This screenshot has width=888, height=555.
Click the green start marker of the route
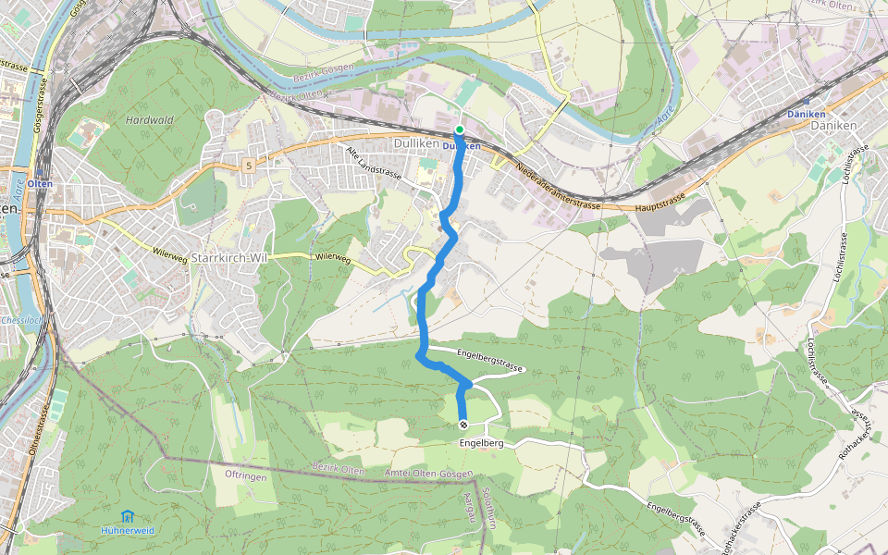(460, 129)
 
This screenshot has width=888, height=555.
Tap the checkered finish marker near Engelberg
(462, 425)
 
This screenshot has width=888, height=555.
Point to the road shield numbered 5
(249, 165)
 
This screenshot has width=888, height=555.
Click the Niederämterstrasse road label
(552, 183)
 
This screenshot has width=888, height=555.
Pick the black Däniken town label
(833, 125)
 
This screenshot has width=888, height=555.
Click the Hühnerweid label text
(128, 531)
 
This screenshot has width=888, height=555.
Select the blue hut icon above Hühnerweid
(127, 515)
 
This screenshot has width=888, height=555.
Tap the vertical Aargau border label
(468, 508)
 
